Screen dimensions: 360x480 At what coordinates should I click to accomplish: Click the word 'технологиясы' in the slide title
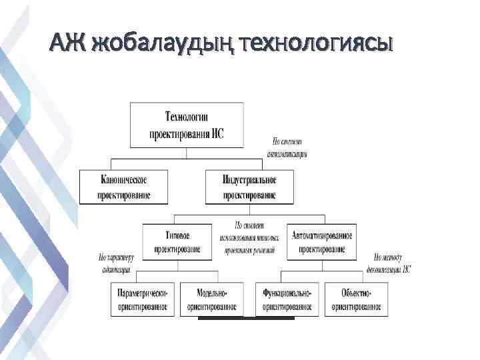point(319,44)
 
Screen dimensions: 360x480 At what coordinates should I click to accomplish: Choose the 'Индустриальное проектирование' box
point(240,187)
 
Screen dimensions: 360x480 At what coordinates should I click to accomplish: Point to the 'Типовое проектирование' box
point(177,242)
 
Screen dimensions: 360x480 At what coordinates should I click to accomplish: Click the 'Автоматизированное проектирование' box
point(321,242)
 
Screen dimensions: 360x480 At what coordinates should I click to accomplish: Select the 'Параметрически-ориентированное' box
point(142,299)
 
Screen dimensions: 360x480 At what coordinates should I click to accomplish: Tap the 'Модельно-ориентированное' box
point(212,299)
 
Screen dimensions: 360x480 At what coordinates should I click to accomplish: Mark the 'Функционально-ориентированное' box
point(287,299)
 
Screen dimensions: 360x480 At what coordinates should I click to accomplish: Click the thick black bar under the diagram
point(246,319)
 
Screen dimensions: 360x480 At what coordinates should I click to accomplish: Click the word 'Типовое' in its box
point(177,235)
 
